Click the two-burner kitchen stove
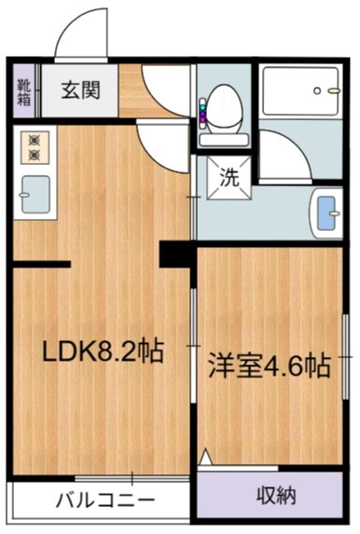35,144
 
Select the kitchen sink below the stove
35,190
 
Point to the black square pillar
174,253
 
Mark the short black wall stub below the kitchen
41,266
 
